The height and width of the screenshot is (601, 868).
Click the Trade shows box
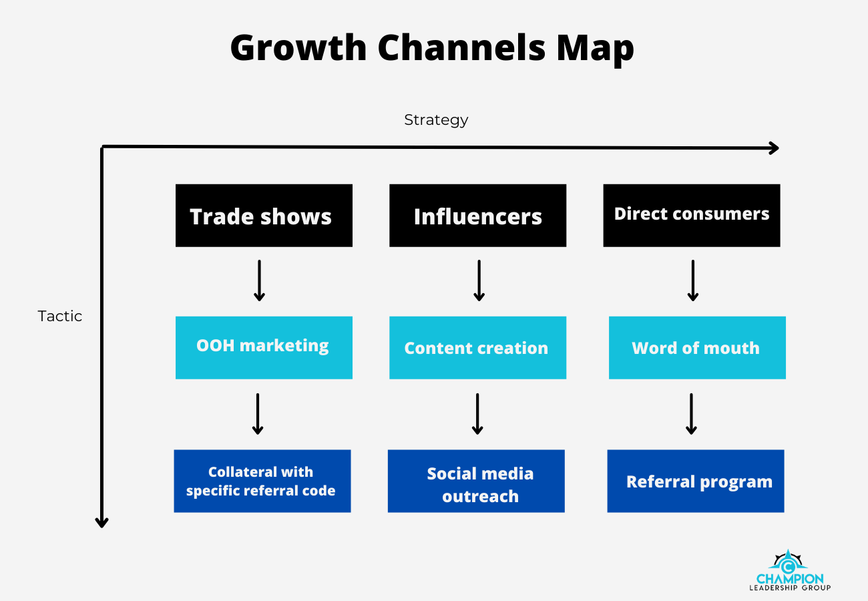click(x=264, y=216)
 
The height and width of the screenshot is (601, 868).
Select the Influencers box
click(x=478, y=216)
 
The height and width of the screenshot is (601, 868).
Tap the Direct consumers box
click(x=692, y=216)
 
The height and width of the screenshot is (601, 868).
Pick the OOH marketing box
click(x=264, y=348)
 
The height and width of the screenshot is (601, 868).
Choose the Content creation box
click(x=478, y=348)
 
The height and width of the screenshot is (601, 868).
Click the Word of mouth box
click(x=698, y=348)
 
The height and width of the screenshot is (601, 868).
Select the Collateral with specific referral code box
click(x=262, y=481)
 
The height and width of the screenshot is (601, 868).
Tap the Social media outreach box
click(x=476, y=481)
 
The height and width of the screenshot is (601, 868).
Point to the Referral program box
click(x=696, y=481)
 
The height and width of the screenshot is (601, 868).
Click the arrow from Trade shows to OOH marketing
click(x=259, y=280)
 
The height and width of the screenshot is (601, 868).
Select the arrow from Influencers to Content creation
click(x=479, y=280)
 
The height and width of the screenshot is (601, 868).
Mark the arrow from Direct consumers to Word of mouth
click(x=693, y=280)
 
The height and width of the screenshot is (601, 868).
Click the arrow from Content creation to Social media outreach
click(x=477, y=414)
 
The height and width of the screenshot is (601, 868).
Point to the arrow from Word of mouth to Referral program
click(x=691, y=414)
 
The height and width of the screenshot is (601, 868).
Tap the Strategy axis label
click(x=436, y=120)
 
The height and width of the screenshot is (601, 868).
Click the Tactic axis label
click(x=59, y=317)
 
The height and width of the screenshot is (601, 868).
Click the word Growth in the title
click(x=298, y=48)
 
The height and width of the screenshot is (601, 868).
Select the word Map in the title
click(x=595, y=49)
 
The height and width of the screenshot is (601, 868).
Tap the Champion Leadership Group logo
click(x=790, y=570)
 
